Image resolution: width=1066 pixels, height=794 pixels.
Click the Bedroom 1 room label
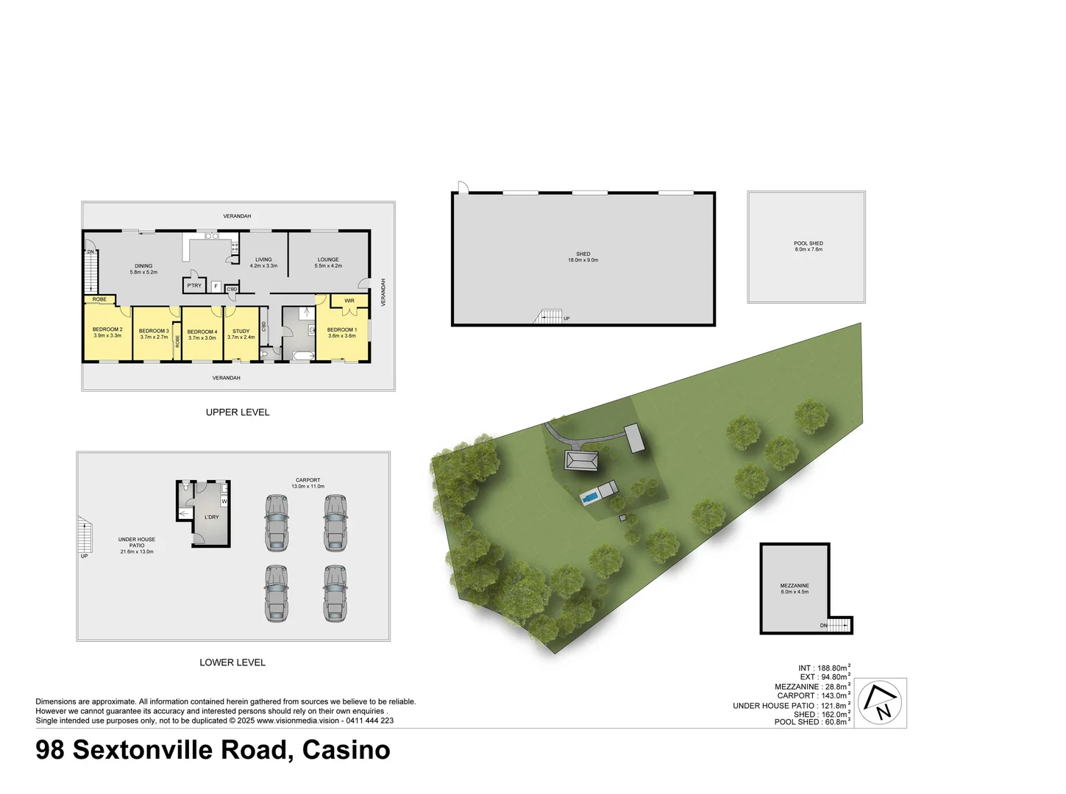coord(342,332)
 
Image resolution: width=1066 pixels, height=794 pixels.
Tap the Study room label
coord(241,334)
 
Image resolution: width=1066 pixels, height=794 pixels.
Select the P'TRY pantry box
coord(193,285)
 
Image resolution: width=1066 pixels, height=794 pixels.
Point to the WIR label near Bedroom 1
coord(349,301)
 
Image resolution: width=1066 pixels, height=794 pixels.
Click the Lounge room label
coord(328,262)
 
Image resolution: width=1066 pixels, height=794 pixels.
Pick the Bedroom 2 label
coord(107,332)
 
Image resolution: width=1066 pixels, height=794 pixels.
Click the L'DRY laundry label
coord(211,517)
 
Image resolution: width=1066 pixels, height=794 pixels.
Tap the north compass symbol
coord(882,702)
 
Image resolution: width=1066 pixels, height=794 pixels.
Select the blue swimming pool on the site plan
coord(590,498)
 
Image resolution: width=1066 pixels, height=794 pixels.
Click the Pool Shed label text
coord(809,246)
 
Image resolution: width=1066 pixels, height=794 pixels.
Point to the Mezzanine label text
coord(795,589)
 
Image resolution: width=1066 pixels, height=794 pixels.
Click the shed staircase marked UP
coord(549,317)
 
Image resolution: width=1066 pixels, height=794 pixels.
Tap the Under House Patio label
coord(137,545)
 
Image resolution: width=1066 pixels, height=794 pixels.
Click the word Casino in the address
coord(347,750)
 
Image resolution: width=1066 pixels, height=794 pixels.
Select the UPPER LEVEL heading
coord(238,412)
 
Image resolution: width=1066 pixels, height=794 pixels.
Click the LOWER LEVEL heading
coord(232,662)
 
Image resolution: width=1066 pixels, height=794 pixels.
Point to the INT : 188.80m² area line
coord(823,668)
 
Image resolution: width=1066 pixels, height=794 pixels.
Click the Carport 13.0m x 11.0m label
coord(308,483)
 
